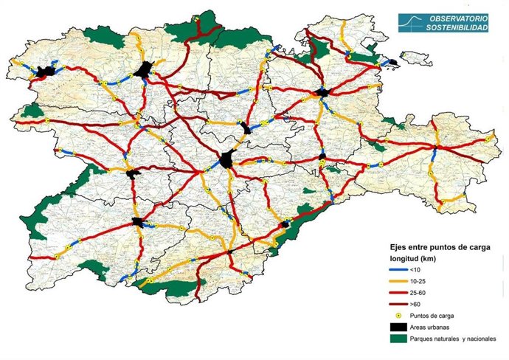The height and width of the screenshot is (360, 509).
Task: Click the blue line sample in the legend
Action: [402, 271]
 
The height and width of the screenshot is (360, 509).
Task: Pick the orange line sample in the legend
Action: [402, 283]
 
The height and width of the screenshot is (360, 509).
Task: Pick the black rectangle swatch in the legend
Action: [402, 328]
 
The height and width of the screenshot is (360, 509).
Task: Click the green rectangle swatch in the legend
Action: [402, 339]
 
